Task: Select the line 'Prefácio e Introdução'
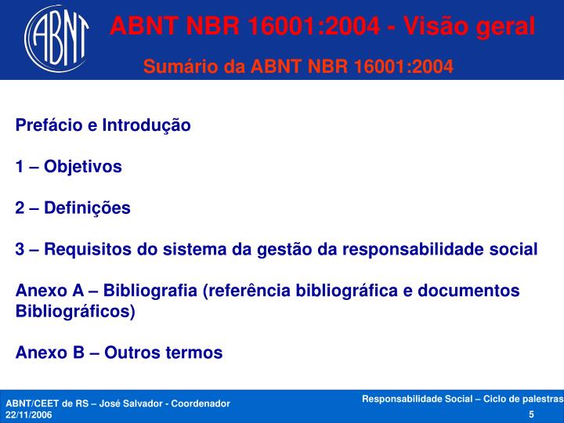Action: coord(103,125)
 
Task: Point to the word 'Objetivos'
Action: coord(83,167)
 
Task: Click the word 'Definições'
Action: coord(87,208)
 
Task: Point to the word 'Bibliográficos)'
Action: coord(75,311)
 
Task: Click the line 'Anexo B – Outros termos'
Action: coord(119,352)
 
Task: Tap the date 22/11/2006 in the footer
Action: coord(29,415)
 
